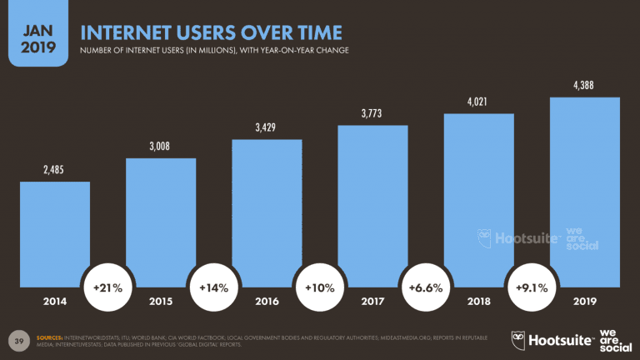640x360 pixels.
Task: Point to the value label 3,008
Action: coord(161,146)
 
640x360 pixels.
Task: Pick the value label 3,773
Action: coord(372,112)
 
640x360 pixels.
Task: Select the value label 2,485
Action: coord(55,169)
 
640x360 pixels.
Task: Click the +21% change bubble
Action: coord(107,287)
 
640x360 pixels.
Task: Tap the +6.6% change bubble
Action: coord(426,287)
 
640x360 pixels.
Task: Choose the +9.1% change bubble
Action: coord(532,287)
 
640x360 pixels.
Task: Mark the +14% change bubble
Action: coord(214,287)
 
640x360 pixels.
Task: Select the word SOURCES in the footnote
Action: coord(52,335)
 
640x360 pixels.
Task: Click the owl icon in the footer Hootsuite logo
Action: coord(521,338)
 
